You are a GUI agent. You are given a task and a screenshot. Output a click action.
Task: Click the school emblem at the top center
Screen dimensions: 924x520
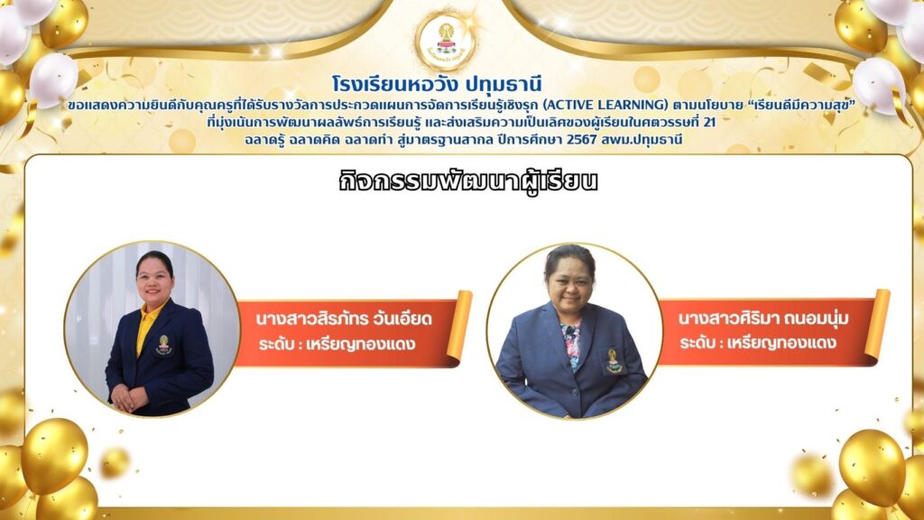447,40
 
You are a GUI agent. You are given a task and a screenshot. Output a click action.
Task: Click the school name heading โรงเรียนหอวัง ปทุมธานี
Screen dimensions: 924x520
436,85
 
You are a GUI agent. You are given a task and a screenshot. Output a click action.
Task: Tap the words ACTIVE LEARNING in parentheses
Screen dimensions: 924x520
605,105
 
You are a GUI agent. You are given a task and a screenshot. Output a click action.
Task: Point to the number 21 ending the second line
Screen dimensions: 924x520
709,123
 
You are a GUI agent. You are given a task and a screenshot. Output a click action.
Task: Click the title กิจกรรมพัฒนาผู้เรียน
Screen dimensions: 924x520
468,181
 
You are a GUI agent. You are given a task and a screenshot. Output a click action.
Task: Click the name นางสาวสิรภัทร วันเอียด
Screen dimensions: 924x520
344,319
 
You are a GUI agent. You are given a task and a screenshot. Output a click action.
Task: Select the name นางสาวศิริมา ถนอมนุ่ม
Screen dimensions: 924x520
763,319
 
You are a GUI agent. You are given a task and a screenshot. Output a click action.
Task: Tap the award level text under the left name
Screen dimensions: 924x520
337,344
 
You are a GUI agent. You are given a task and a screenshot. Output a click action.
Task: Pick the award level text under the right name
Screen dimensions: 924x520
758,342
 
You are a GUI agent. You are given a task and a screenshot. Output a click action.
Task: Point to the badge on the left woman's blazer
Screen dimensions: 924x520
164,345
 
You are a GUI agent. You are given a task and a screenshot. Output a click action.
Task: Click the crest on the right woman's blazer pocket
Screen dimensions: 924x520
614,361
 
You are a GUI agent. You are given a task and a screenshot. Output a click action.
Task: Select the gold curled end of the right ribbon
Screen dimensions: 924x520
877,324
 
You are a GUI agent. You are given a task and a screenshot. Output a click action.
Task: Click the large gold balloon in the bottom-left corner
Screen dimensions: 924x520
54,455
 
